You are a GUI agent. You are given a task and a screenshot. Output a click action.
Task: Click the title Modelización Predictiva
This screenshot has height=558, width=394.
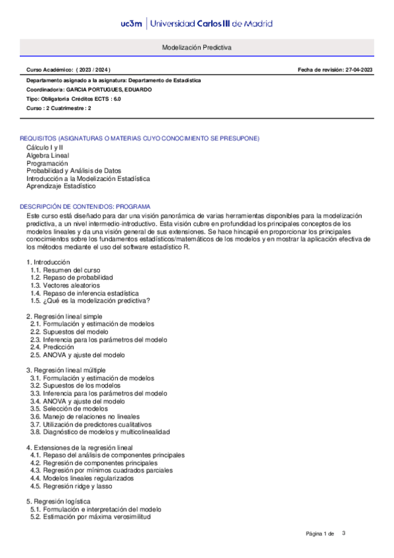tap(197, 48)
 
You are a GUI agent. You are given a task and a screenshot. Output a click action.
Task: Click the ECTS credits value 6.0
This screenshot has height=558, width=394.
tap(117, 98)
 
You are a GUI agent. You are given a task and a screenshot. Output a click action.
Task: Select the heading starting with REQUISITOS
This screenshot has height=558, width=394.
tap(139, 138)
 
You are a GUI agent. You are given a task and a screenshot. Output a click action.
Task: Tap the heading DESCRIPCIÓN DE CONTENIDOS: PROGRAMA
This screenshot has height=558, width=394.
tap(85, 206)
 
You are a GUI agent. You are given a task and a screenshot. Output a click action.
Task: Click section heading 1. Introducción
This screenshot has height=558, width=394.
tap(47, 262)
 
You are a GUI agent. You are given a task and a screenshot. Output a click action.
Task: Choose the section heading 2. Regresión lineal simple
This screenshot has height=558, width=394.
tap(64, 317)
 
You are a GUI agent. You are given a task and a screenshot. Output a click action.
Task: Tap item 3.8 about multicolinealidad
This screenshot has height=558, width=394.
tap(100, 432)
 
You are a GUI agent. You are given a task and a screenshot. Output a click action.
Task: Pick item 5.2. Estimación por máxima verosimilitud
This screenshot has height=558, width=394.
tap(91, 517)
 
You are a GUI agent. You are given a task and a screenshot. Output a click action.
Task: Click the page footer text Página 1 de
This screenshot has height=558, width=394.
tap(320, 533)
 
